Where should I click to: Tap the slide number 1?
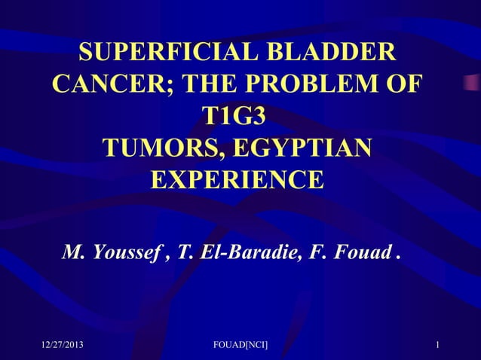(x=438, y=345)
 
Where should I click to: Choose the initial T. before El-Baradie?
(x=184, y=251)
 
